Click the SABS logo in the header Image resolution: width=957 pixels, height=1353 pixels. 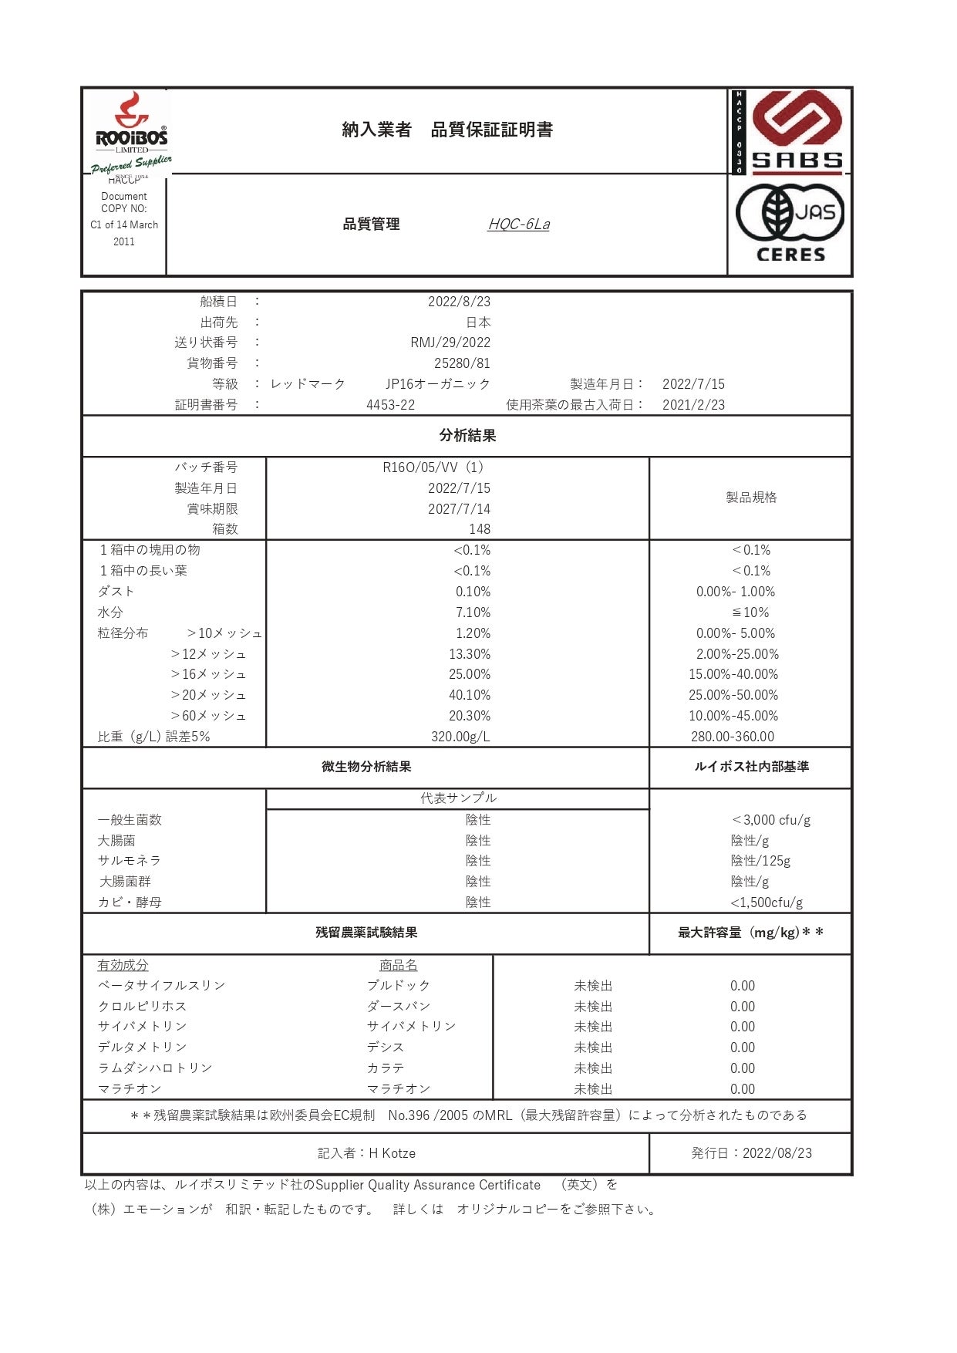[x=797, y=131]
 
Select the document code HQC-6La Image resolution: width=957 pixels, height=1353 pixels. [x=519, y=224]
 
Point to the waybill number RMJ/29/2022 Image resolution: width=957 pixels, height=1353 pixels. [x=450, y=342]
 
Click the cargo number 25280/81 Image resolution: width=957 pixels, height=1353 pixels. [x=462, y=363]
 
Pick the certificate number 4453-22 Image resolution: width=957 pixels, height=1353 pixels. [x=390, y=405]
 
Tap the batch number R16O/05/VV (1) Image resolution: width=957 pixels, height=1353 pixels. [x=433, y=467]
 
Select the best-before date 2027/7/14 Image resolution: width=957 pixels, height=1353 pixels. [x=459, y=509]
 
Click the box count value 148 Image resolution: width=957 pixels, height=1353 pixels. [x=479, y=529]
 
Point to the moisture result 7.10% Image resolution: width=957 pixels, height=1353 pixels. [x=473, y=612]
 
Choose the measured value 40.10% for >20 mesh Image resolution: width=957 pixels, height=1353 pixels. [x=470, y=695]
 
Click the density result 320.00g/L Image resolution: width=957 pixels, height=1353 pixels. [x=460, y=737]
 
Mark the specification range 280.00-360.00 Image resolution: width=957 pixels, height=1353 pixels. [x=733, y=737]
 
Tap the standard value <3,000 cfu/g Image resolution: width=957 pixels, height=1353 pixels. [x=770, y=820]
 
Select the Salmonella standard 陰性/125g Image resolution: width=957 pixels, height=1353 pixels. [x=760, y=861]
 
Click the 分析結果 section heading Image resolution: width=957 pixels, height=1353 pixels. [x=467, y=436]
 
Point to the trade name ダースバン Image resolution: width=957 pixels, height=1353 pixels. [x=399, y=1007]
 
